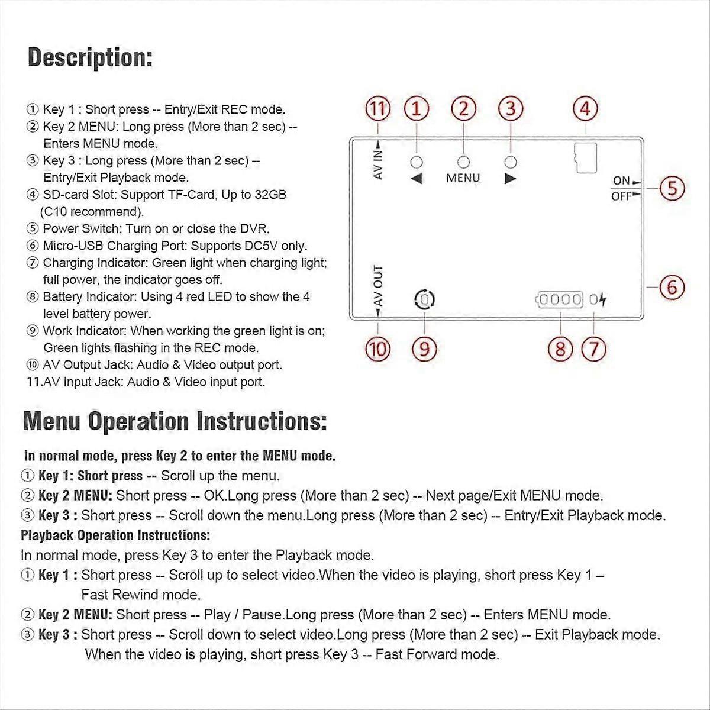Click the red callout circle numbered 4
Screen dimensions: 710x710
click(585, 109)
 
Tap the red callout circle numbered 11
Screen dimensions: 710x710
click(379, 109)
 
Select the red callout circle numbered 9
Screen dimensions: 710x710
click(424, 348)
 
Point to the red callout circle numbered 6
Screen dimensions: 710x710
click(672, 288)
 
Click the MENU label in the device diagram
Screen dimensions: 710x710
click(463, 178)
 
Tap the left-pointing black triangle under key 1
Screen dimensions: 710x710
click(417, 179)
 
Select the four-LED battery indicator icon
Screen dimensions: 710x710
click(560, 299)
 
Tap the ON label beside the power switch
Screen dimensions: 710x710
click(621, 181)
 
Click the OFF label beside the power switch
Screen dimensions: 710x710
click(621, 196)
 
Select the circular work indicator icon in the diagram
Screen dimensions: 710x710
click(424, 299)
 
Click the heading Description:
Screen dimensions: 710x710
click(90, 59)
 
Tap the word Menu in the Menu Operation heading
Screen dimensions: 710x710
click(51, 422)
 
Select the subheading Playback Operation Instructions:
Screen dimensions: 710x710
click(115, 535)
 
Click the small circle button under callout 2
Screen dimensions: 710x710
click(464, 162)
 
